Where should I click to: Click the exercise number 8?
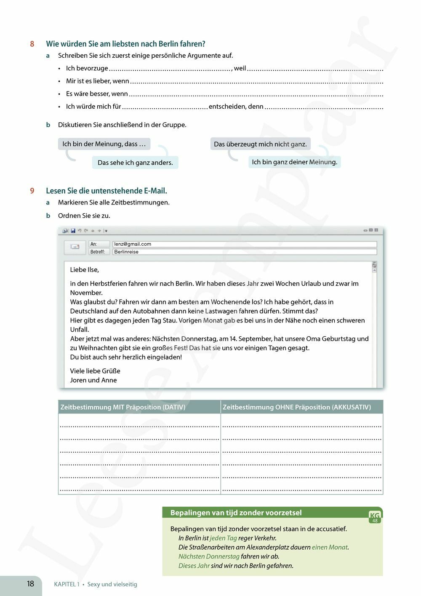[x=32, y=44]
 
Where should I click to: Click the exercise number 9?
[x=32, y=191]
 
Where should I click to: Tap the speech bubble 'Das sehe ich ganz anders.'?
[x=135, y=163]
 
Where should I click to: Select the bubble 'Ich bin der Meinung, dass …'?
[x=104, y=144]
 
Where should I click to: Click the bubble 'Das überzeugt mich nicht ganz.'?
[x=260, y=144]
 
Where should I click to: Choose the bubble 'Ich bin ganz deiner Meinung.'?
[x=294, y=162]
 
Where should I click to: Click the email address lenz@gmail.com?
[x=133, y=244]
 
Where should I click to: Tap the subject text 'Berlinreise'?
[x=126, y=252]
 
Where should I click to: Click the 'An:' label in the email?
[x=93, y=244]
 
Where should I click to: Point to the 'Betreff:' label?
[x=98, y=252]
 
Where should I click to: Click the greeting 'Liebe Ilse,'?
[x=85, y=270]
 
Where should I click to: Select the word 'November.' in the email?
[x=86, y=293]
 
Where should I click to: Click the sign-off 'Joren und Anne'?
[x=93, y=380]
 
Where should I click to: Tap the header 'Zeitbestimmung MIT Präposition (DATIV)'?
[x=123, y=407]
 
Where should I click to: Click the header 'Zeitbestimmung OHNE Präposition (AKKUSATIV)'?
[x=297, y=407]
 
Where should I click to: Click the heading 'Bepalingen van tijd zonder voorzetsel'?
[x=236, y=513]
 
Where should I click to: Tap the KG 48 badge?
[x=375, y=517]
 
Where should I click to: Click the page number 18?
[x=30, y=584]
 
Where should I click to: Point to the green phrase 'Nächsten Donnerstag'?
[x=209, y=556]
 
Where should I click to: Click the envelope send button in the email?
[x=75, y=247]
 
